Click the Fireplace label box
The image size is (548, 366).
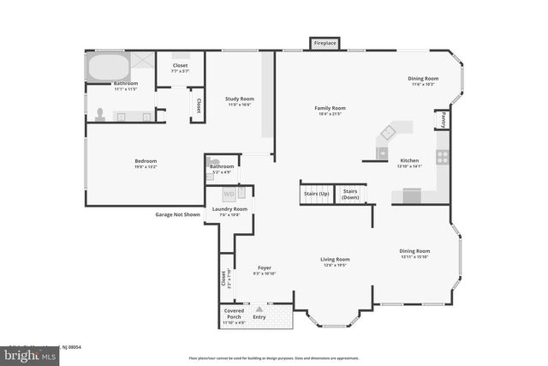point(325,43)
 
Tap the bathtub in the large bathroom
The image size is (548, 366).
point(108,66)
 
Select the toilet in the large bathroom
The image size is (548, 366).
point(101,114)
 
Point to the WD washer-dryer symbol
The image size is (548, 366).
point(229,194)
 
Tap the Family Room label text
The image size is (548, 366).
point(330,108)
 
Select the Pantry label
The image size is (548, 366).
point(443,121)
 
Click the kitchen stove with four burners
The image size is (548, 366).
point(442,157)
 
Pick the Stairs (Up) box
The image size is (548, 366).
point(316,193)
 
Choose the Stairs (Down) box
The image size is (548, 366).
point(350,194)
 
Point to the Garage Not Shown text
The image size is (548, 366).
point(177,214)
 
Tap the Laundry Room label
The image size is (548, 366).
point(229,209)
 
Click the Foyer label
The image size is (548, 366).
point(265,268)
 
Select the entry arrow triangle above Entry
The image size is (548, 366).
point(259,309)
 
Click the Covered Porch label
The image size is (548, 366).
point(234,314)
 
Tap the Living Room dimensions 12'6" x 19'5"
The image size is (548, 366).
point(335,266)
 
